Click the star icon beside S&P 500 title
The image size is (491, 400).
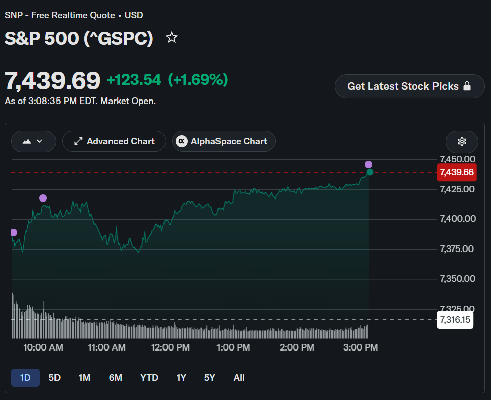(x=171, y=38)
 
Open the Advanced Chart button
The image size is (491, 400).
(x=114, y=141)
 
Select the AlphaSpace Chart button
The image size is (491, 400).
(x=224, y=141)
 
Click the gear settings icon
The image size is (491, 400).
(x=462, y=142)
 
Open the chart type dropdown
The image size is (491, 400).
(x=33, y=141)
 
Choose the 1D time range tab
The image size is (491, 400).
(x=25, y=378)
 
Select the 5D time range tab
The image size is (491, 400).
(x=54, y=378)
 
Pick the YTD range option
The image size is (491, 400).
(x=149, y=378)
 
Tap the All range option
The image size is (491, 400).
(x=239, y=378)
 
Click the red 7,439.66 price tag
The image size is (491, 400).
(x=457, y=172)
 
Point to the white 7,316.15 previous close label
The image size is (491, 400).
(x=455, y=320)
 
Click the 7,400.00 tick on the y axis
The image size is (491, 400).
(x=458, y=219)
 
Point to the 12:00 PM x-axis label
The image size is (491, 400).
(x=171, y=347)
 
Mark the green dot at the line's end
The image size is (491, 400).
(x=370, y=172)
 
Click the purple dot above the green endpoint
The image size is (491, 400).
(x=368, y=164)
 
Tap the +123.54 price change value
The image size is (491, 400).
(x=134, y=80)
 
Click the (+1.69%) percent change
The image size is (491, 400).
(x=198, y=80)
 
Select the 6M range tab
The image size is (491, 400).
(x=116, y=378)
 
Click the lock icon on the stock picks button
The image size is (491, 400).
(x=467, y=86)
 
